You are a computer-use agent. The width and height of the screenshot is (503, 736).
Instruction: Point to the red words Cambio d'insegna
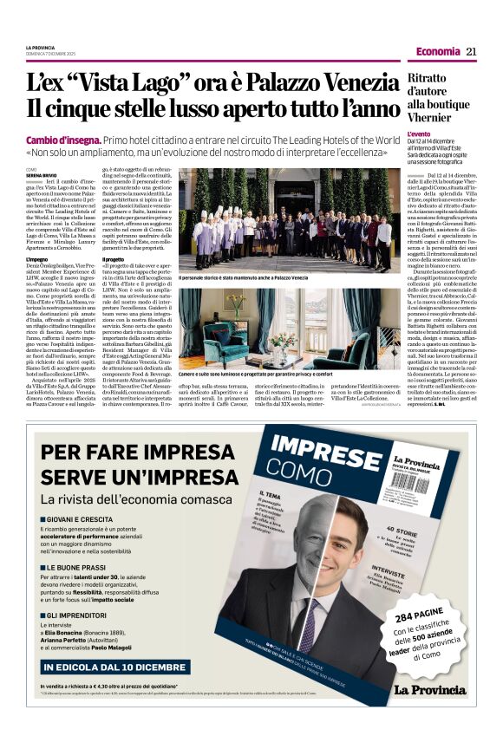click(x=64, y=140)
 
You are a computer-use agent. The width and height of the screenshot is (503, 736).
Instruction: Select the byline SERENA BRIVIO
click(x=41, y=174)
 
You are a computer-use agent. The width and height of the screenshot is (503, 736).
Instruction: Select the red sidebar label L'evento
click(x=419, y=135)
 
